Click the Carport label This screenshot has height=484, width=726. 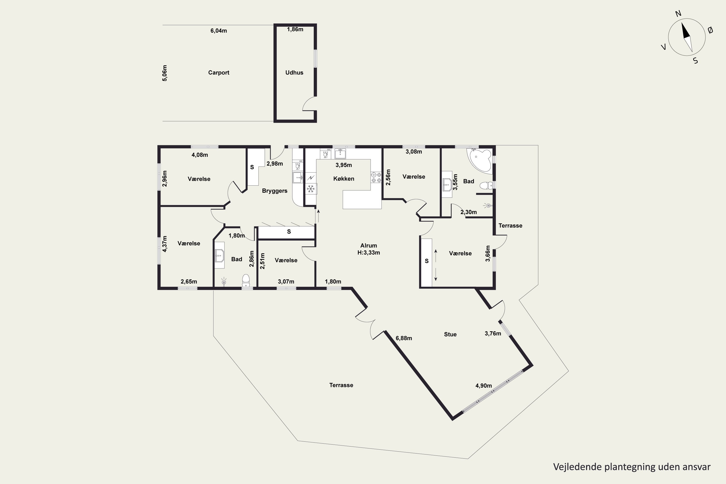coord(219,73)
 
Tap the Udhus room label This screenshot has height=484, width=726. coord(294,73)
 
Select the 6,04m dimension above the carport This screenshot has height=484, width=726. coord(219,30)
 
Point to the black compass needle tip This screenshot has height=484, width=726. coord(682,23)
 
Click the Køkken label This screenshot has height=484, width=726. coord(344,179)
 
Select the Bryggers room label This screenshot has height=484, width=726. coord(274,191)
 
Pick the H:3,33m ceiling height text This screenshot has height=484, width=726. coord(369,252)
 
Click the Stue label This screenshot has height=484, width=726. coord(450,334)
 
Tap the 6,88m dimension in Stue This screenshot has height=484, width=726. coord(404,338)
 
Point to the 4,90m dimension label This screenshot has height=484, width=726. coord(483,386)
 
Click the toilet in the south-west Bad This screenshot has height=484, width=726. coord(246,280)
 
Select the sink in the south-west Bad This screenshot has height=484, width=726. coord(219,255)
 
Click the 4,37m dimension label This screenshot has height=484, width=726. coord(165,244)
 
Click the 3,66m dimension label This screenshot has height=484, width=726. coord(488,253)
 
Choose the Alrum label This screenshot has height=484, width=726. coord(369,246)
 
